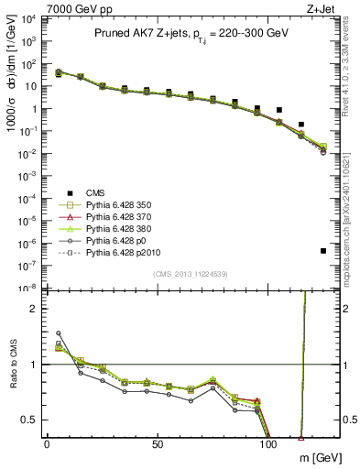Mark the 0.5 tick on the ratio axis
coord(33,420)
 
